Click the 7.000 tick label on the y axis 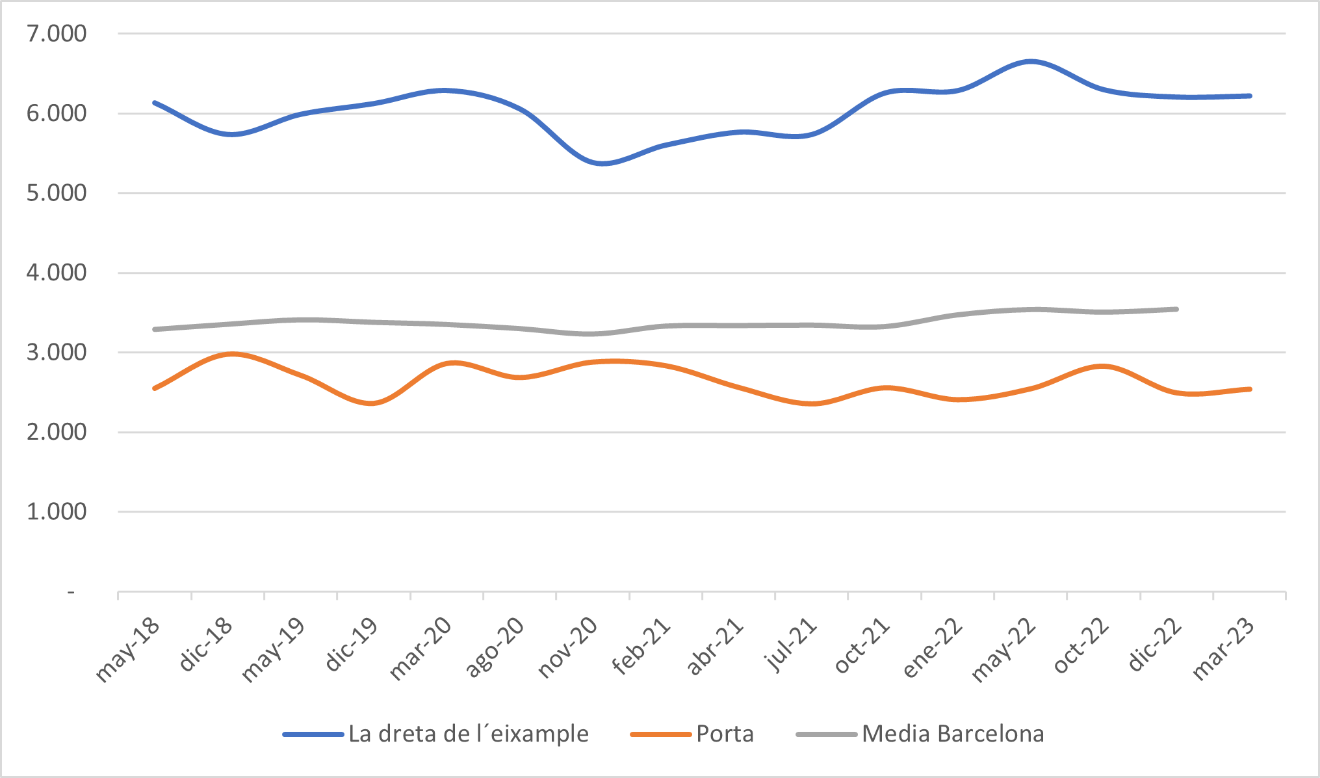tap(56, 34)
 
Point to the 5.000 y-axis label tap(56, 193)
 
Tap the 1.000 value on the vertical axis tap(56, 512)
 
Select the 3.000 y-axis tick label tap(56, 353)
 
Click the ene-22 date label tap(933, 649)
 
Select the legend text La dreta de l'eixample tap(468, 734)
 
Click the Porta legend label tap(725, 734)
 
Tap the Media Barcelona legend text tap(953, 734)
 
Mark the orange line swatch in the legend tap(660, 734)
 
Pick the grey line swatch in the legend tap(826, 734)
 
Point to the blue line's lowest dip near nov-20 tap(602, 163)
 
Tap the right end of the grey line tap(1177, 309)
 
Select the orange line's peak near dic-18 tap(232, 355)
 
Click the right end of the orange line tap(1250, 389)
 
